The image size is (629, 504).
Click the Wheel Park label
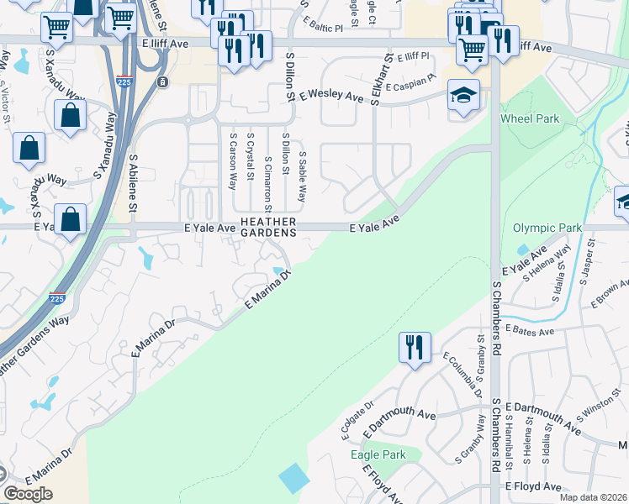pyautogui.click(x=530, y=118)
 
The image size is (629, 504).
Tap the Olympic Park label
pyautogui.click(x=547, y=228)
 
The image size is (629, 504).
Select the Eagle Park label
pyautogui.click(x=378, y=454)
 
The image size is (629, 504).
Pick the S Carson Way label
pyautogui.click(x=232, y=160)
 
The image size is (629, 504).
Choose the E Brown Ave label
pyautogui.click(x=610, y=293)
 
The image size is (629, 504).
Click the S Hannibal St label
pyautogui.click(x=509, y=438)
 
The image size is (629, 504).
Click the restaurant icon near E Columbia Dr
pyautogui.click(x=413, y=348)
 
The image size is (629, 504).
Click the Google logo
pyautogui.click(x=29, y=494)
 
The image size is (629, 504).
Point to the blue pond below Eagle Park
pyautogui.click(x=294, y=478)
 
